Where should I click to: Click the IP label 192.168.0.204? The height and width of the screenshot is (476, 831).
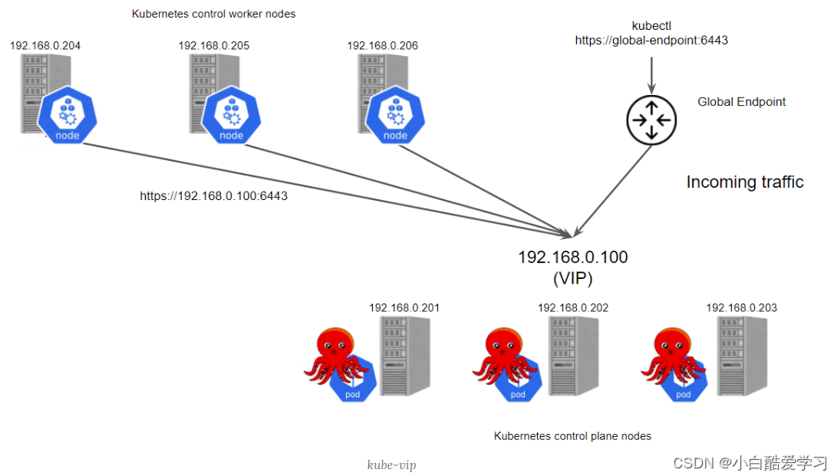point(45,46)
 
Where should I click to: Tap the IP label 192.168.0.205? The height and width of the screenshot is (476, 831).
point(214,46)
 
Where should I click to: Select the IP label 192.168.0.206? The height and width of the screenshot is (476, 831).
point(383,46)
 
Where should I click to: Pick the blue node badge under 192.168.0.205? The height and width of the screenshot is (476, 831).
point(230,115)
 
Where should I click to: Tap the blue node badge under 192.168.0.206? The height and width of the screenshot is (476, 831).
point(395,115)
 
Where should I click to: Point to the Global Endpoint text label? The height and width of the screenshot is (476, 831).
point(741,102)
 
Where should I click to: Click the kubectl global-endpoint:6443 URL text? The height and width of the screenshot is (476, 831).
point(651,41)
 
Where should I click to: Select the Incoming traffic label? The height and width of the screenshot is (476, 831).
point(744,182)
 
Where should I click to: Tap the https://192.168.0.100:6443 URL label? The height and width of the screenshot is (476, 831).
point(213,196)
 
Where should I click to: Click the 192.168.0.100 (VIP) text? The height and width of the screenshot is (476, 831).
point(572,265)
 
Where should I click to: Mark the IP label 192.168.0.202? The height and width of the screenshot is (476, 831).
point(572,308)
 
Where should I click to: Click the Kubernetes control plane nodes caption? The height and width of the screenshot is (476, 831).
point(572,436)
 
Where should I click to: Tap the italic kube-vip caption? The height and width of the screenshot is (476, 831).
point(391,465)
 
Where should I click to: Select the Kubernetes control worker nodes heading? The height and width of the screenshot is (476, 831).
point(213,14)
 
